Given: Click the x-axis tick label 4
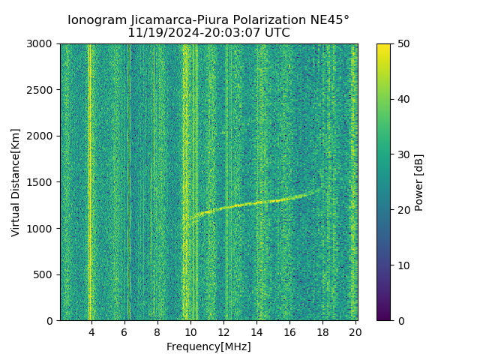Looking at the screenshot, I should coord(91,332).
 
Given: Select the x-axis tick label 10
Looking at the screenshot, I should coord(190,332).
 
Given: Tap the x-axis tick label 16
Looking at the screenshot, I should coord(289,332).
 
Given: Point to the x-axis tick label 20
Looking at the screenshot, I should coord(355,332).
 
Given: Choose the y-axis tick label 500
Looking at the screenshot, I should coord(43,274).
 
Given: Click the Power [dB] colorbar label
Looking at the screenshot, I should coord(419,182).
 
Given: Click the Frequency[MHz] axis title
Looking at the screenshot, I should coord(208,346).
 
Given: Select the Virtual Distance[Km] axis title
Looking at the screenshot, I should coord(16,182).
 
